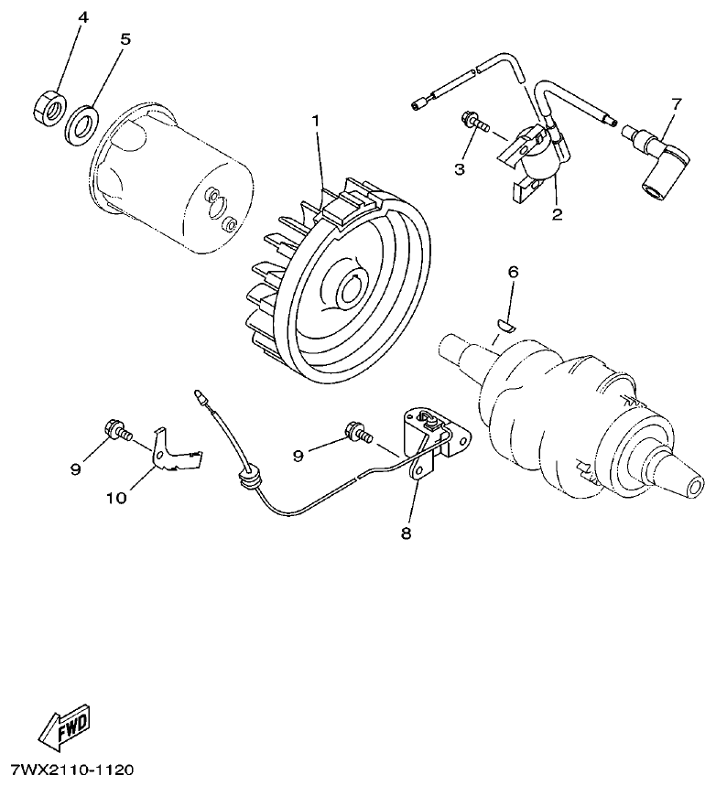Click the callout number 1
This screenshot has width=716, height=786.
[316, 121]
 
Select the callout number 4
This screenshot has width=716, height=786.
[82, 18]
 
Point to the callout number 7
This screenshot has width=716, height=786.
[676, 103]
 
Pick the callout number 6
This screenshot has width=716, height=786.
[514, 272]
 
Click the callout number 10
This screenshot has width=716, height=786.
[115, 498]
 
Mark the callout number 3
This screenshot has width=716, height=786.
[460, 168]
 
